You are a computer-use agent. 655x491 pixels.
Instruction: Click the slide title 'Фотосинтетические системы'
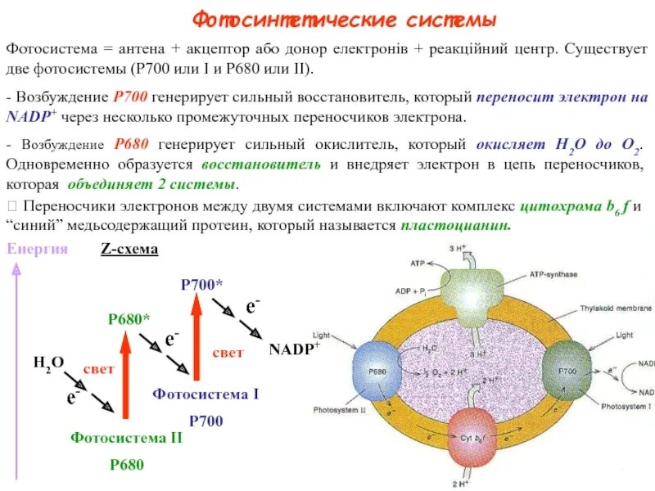tap(344, 19)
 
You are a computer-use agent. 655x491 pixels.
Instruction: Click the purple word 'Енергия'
tap(37, 250)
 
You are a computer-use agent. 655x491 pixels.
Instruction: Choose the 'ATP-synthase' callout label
tap(553, 275)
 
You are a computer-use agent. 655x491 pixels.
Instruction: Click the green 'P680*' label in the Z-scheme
tap(129, 319)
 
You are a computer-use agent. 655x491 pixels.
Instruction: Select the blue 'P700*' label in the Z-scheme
tap(201, 285)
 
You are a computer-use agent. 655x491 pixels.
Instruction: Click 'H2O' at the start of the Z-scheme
tap(48, 362)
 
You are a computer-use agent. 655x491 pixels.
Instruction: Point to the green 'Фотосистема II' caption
tap(126, 438)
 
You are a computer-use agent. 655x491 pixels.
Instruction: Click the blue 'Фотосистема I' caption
tap(206, 394)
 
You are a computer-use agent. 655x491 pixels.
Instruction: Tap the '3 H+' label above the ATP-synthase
tap(457, 248)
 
